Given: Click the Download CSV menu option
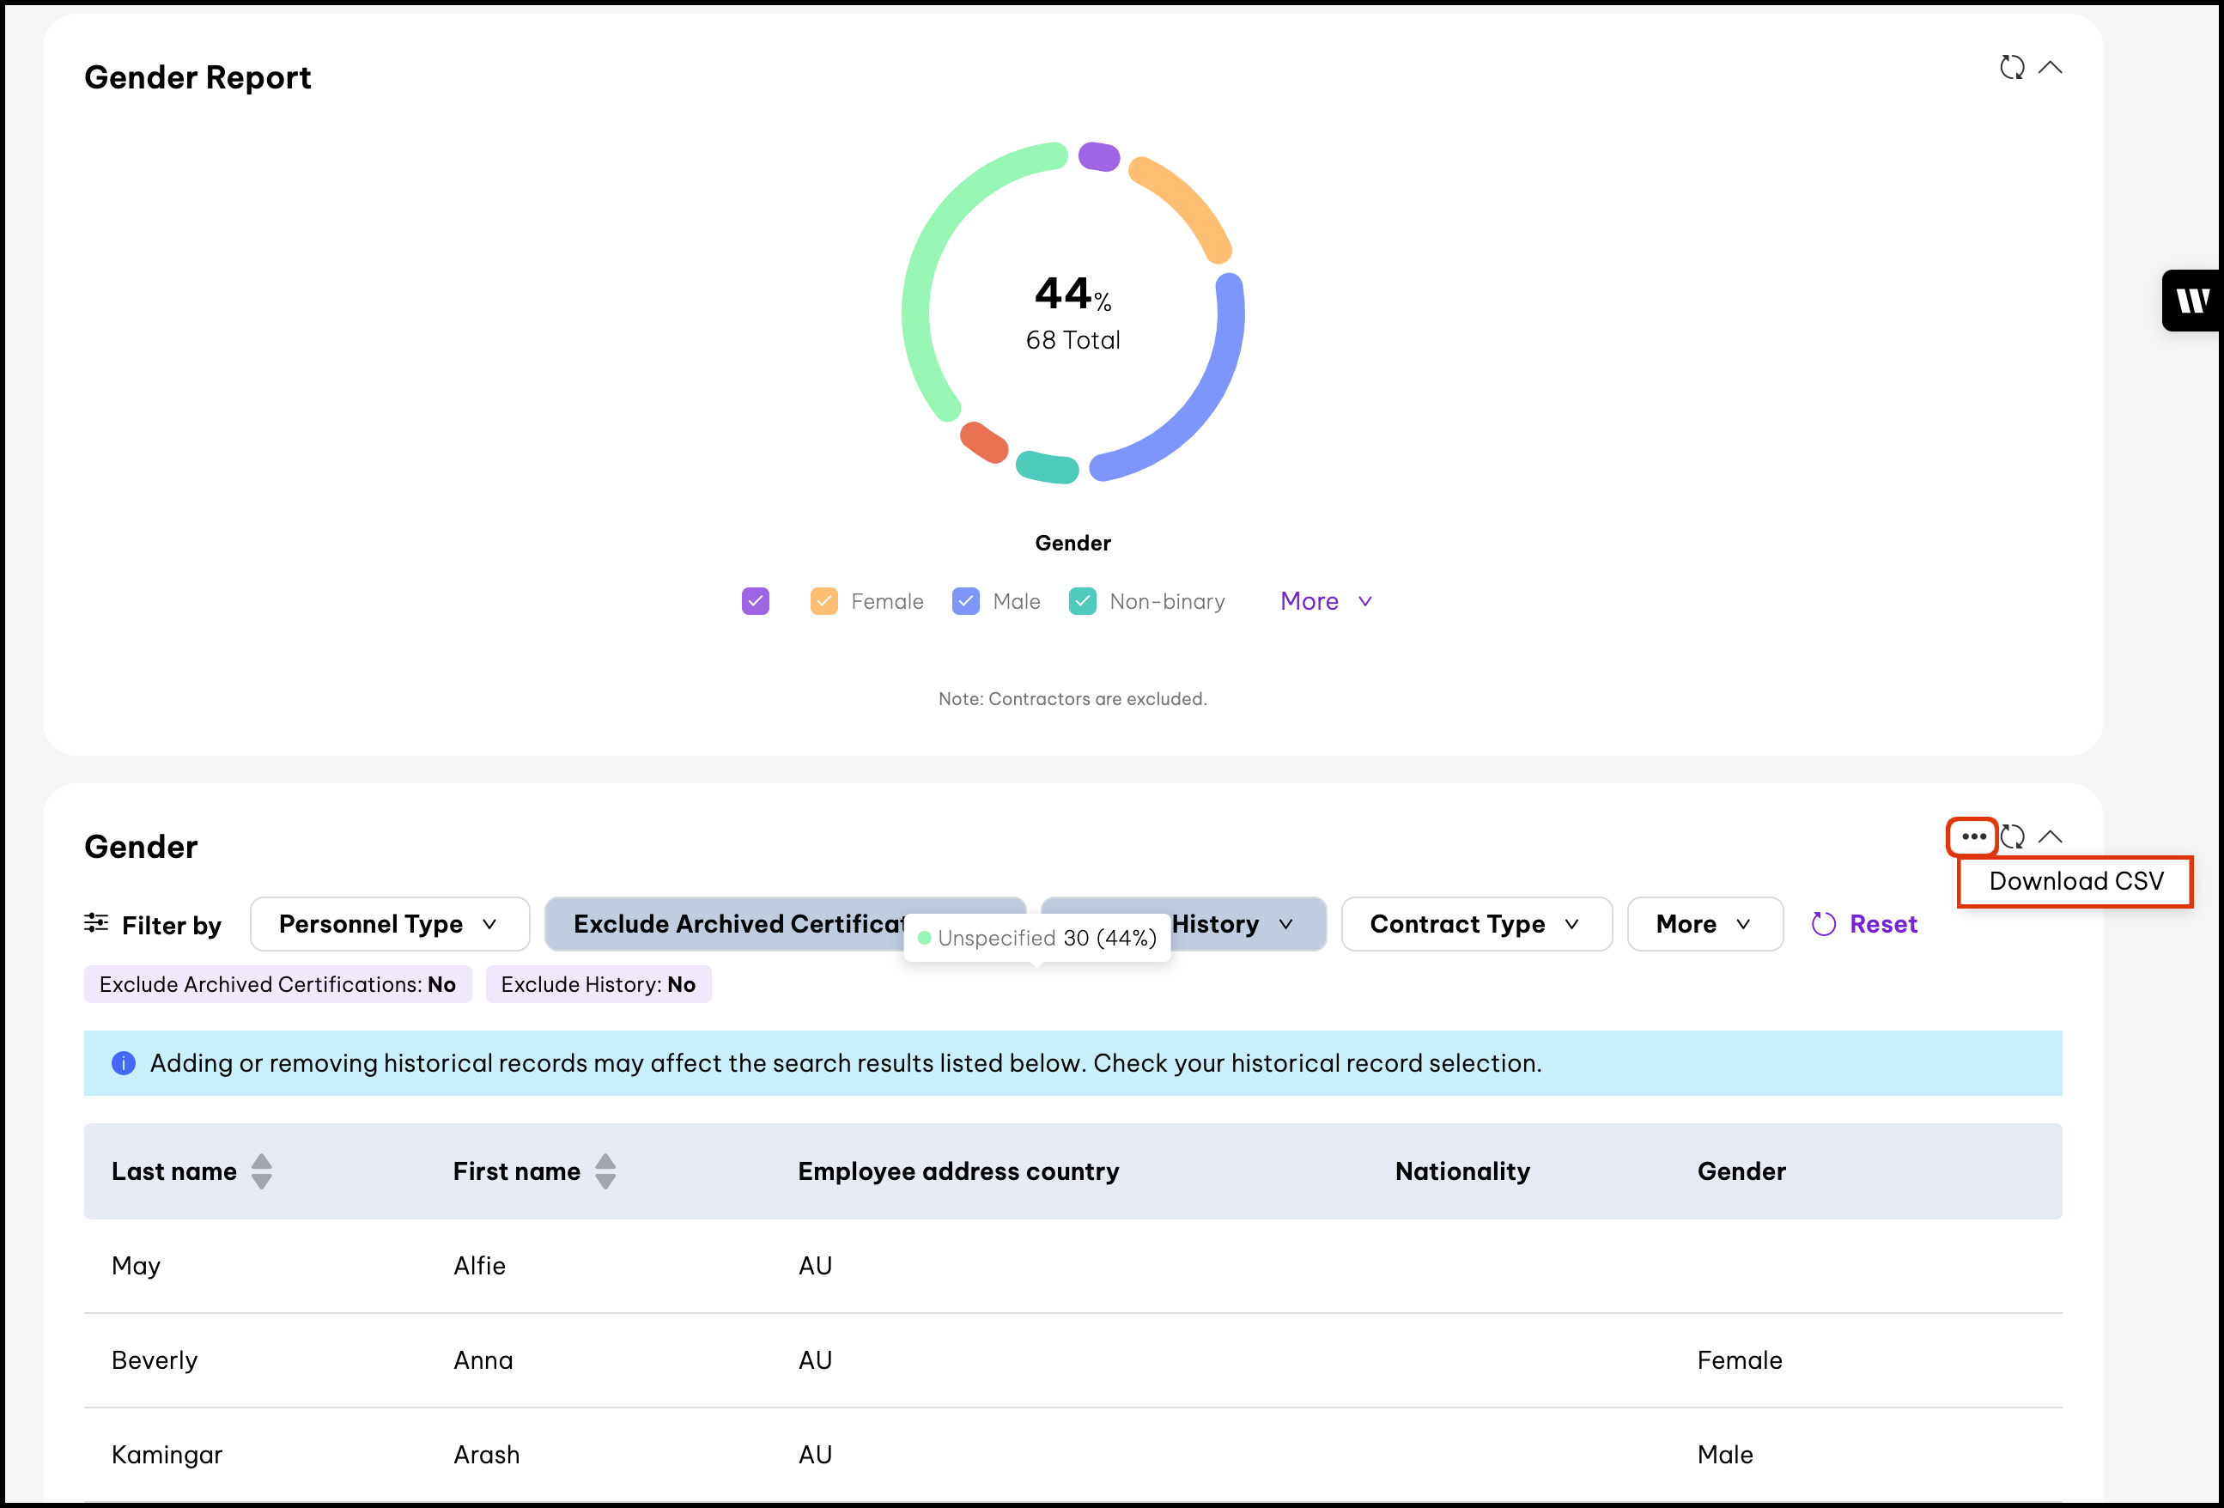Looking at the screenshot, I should [x=2075, y=881].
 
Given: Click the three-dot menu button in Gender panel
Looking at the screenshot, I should [x=1972, y=837].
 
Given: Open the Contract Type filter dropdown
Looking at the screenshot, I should [x=1475, y=924].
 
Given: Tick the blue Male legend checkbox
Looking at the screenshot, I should [x=965, y=601].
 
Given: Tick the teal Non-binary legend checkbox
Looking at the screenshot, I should [x=1082, y=601].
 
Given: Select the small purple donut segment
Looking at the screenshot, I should [x=1098, y=156].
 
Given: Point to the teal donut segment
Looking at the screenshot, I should [x=1047, y=467].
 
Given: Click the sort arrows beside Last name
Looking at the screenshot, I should [x=261, y=1171].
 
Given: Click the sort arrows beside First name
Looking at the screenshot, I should [x=605, y=1171].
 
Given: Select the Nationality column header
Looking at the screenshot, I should [x=1462, y=1171].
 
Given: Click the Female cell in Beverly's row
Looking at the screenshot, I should [x=1739, y=1359].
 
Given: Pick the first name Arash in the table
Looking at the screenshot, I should [x=486, y=1455].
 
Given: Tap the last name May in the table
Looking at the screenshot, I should [x=136, y=1266].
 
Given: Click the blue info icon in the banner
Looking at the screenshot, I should [x=124, y=1063].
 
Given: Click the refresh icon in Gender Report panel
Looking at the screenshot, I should [x=2012, y=68].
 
